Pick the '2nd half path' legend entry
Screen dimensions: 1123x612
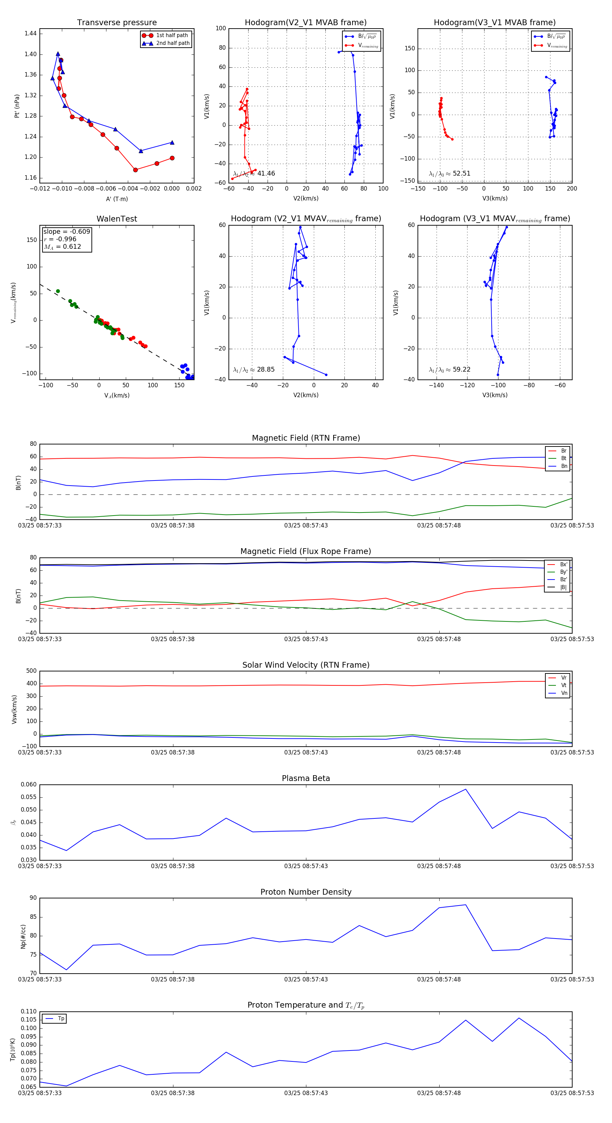tap(172, 43)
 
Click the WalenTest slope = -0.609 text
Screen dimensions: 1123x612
tap(67, 231)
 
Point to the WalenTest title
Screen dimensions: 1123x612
tap(117, 219)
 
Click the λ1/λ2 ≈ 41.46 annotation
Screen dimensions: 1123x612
tap(254, 174)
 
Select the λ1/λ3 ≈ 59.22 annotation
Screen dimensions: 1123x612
tap(449, 370)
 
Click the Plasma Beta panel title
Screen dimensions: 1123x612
tap(306, 779)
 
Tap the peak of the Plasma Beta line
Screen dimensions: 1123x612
tap(466, 789)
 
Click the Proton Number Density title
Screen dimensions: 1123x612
tap(306, 892)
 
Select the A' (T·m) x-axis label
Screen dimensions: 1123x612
tap(117, 199)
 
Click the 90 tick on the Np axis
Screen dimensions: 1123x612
tap(33, 898)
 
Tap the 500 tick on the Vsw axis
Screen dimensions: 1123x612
tap(31, 671)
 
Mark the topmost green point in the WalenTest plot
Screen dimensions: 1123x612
tap(58, 291)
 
